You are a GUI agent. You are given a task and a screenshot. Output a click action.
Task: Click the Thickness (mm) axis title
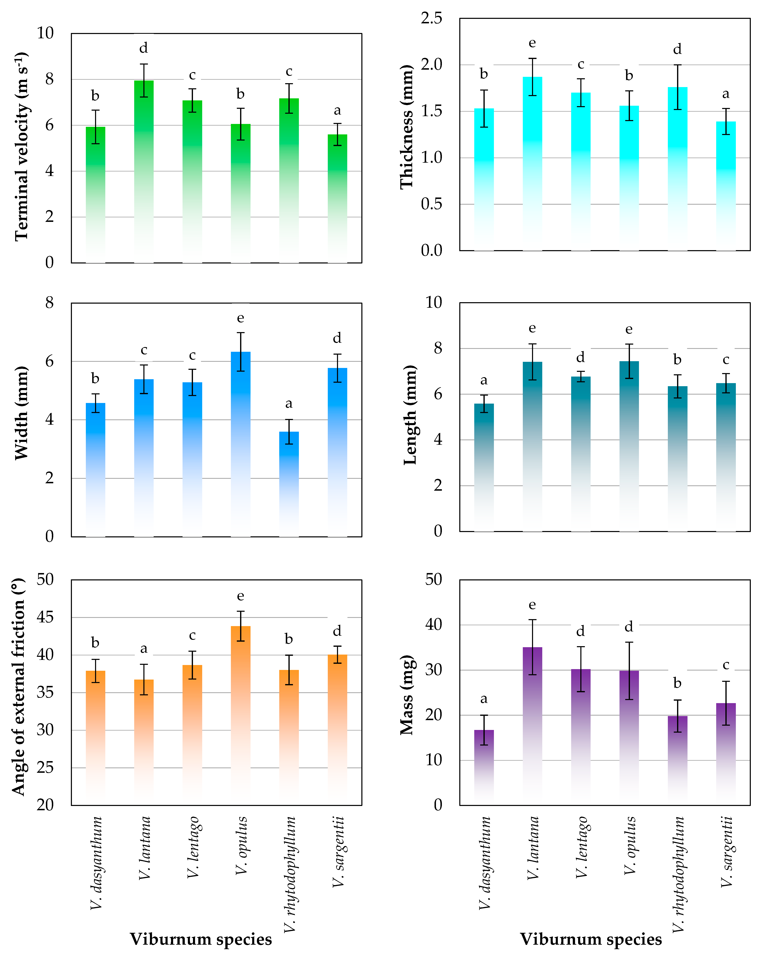tap(407, 127)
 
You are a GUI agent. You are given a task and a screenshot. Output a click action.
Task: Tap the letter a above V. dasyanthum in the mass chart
tap(484, 699)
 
